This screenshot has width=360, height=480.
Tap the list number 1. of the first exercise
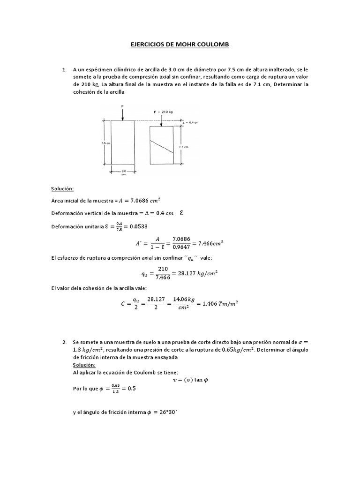65,69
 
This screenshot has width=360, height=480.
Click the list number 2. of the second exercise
65,342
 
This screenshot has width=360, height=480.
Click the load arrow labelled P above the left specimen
122,112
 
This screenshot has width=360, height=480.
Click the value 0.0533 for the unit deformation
141,227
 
